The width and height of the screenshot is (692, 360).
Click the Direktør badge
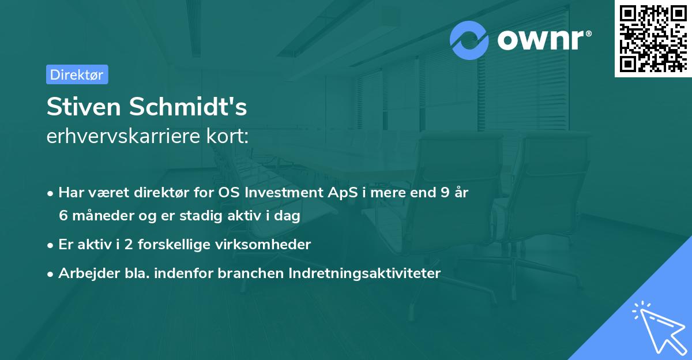tap(77, 74)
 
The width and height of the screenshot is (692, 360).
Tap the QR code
tap(653, 38)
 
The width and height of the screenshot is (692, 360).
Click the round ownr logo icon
tap(469, 40)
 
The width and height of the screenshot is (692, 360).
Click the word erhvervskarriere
tap(123, 137)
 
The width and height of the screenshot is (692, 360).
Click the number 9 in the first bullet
tap(444, 193)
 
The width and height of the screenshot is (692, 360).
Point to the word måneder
tap(99, 216)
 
